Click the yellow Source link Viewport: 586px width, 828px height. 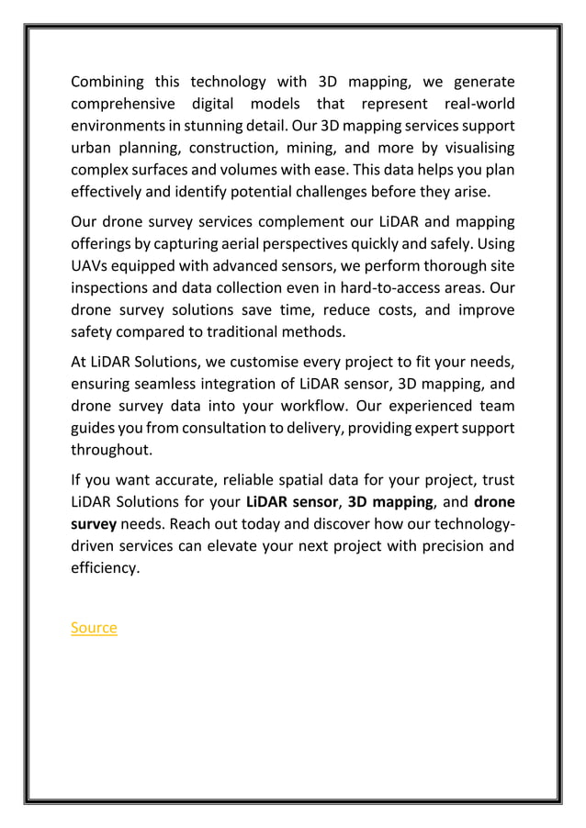pyautogui.click(x=94, y=628)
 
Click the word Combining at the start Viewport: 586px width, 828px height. pyautogui.click(x=108, y=82)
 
